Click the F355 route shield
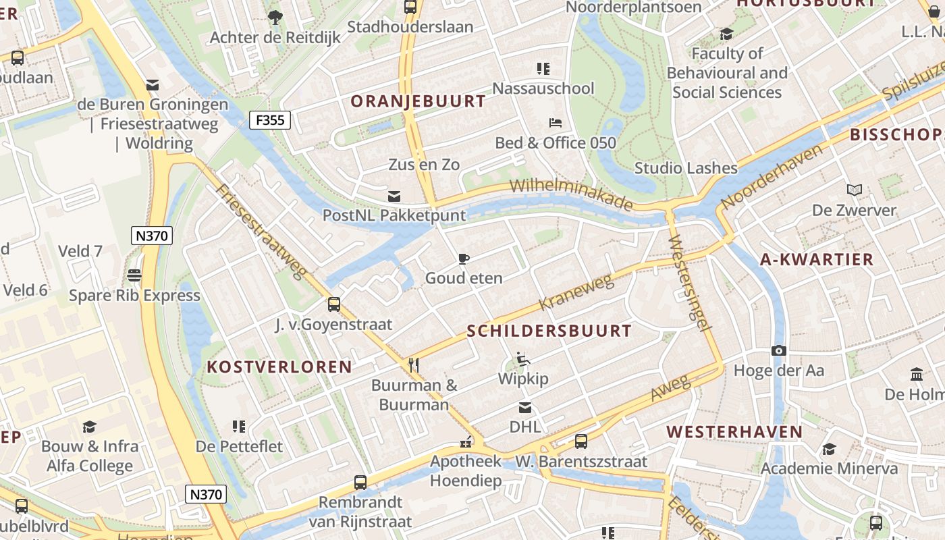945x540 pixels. pyautogui.click(x=270, y=121)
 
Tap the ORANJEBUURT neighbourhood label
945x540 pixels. pyautogui.click(x=418, y=102)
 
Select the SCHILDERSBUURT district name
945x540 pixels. pyautogui.click(x=549, y=331)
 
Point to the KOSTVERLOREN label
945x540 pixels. pyautogui.click(x=279, y=367)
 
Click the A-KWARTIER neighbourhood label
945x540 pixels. pyautogui.click(x=816, y=259)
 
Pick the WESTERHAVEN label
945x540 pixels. pyautogui.click(x=734, y=432)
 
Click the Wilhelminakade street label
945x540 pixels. pyautogui.click(x=571, y=194)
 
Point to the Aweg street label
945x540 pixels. pyautogui.click(x=671, y=387)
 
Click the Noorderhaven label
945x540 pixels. pyautogui.click(x=772, y=176)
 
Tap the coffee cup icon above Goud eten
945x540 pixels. pyautogui.click(x=463, y=259)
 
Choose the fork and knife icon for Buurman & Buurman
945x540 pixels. pyautogui.click(x=414, y=365)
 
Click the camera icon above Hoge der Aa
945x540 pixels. pyautogui.click(x=778, y=351)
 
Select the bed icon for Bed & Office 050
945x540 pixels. pyautogui.click(x=555, y=123)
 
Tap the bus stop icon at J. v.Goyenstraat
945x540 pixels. pyautogui.click(x=333, y=304)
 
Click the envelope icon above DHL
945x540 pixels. pyautogui.click(x=524, y=408)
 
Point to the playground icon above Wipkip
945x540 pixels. pyautogui.click(x=522, y=358)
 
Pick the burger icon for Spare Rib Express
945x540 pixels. pyautogui.click(x=134, y=275)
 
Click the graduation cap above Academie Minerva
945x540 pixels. pyautogui.click(x=829, y=449)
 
